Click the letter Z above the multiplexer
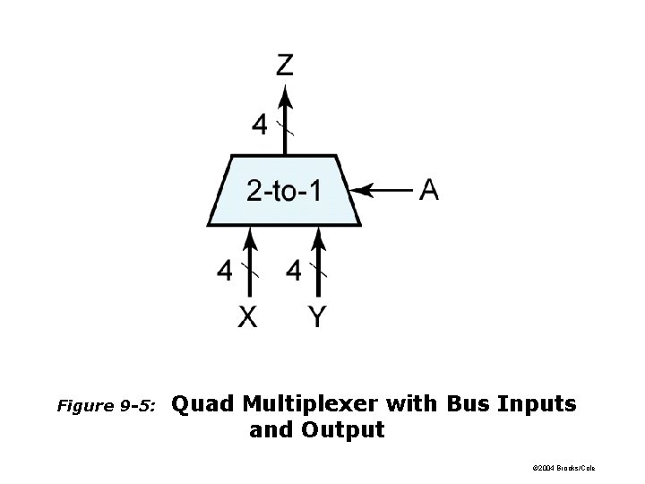pos(284,65)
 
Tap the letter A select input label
pos(429,190)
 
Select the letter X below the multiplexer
pos(247,316)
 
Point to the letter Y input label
pos(317,316)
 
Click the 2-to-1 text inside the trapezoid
pos(283,191)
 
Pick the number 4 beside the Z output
pos(259,125)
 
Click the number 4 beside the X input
pos(224,270)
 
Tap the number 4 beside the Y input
pos(294,270)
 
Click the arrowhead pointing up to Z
pos(284,94)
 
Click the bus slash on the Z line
pos(284,126)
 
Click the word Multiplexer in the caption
pos(311,404)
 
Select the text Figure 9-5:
pos(106,406)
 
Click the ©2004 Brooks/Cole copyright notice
pos(563,468)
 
